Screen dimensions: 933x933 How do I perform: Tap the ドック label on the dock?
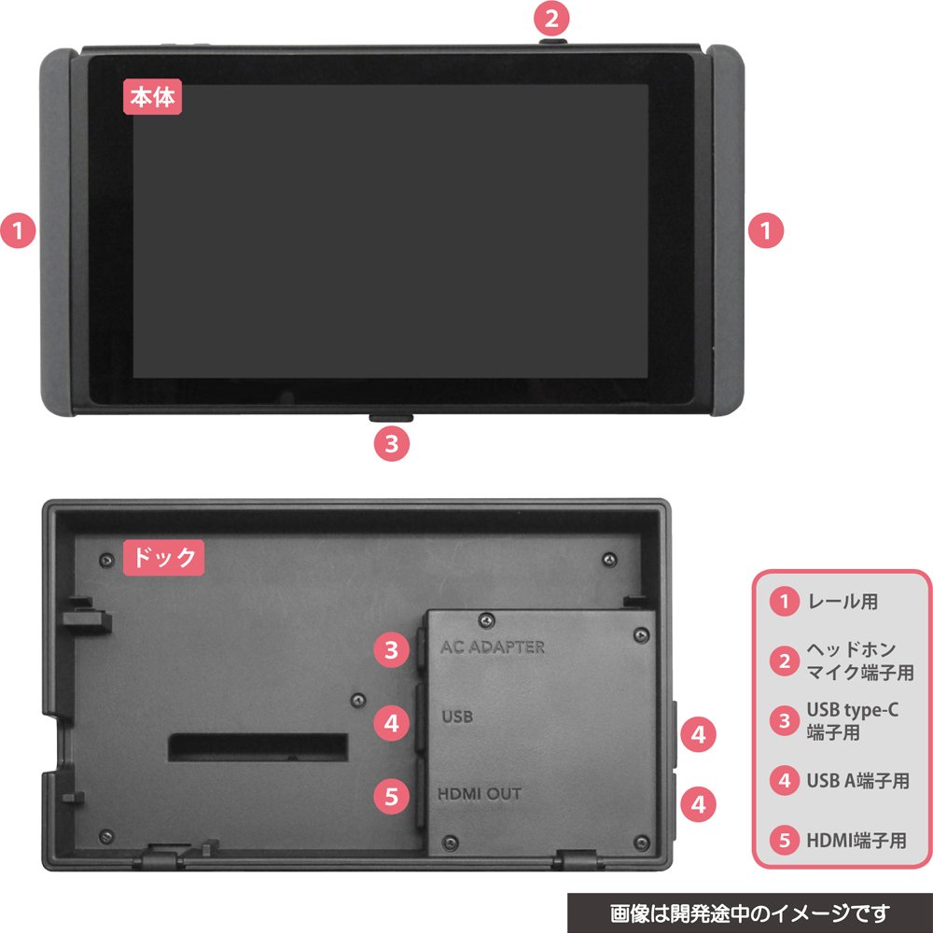pyautogui.click(x=163, y=558)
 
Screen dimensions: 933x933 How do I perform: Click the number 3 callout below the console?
pyautogui.click(x=392, y=443)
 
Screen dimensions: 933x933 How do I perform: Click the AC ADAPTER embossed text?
pyautogui.click(x=492, y=647)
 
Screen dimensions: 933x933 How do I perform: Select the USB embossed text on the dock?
pyautogui.click(x=457, y=717)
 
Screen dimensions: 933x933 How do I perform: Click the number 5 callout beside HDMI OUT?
pyautogui.click(x=392, y=796)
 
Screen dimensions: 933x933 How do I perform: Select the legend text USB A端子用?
pyautogui.click(x=856, y=781)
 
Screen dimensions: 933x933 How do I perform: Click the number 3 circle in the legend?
pyautogui.click(x=786, y=721)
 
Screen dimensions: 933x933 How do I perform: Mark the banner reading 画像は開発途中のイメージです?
pyautogui.click(x=749, y=912)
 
